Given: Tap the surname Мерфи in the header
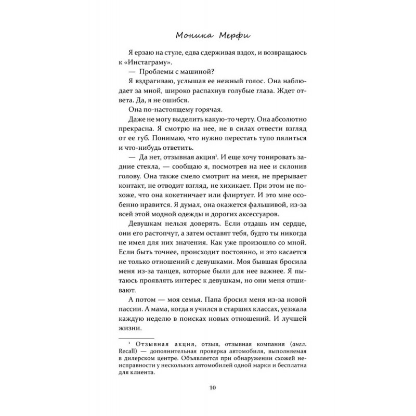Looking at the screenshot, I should pos(227,37).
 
